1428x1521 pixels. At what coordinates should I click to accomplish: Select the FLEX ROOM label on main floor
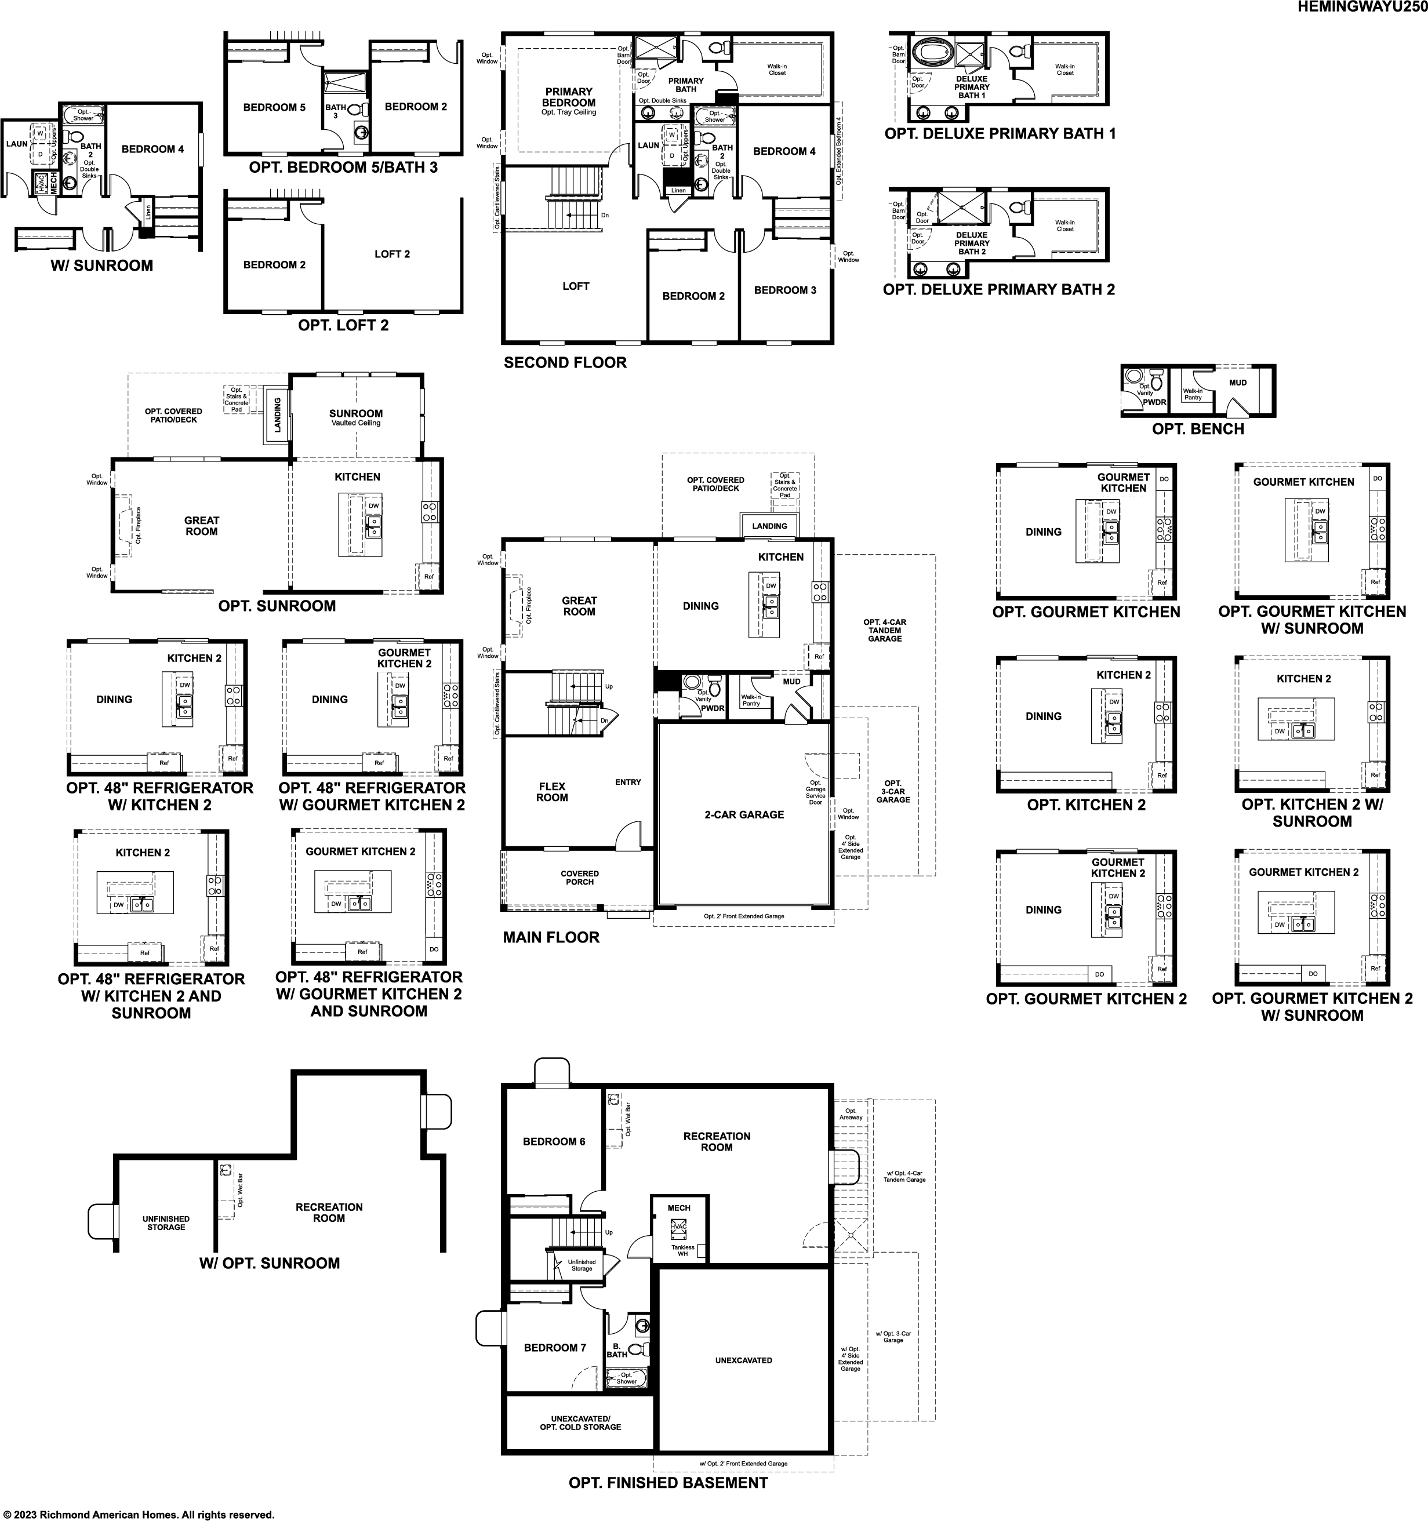click(x=552, y=792)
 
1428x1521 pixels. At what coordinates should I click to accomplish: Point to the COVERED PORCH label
click(x=579, y=878)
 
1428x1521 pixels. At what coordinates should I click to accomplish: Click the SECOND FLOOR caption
click(x=565, y=363)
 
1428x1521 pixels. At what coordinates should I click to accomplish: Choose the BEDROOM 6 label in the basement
click(x=554, y=1141)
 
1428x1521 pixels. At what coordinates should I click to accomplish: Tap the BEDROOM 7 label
click(x=555, y=1347)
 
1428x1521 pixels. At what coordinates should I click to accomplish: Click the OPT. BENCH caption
click(x=1198, y=429)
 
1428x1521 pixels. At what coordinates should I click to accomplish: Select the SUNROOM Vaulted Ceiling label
click(x=356, y=417)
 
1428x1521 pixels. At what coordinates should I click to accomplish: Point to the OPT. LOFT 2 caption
click(x=343, y=325)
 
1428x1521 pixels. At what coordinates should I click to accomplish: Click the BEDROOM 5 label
click(x=274, y=108)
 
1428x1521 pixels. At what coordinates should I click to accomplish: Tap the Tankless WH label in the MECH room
click(x=682, y=1250)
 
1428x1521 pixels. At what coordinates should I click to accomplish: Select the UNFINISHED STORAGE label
click(x=166, y=1222)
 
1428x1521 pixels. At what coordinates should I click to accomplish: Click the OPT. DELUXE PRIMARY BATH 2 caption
click(x=999, y=290)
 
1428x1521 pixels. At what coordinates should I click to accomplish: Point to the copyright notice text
click(x=138, y=1514)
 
